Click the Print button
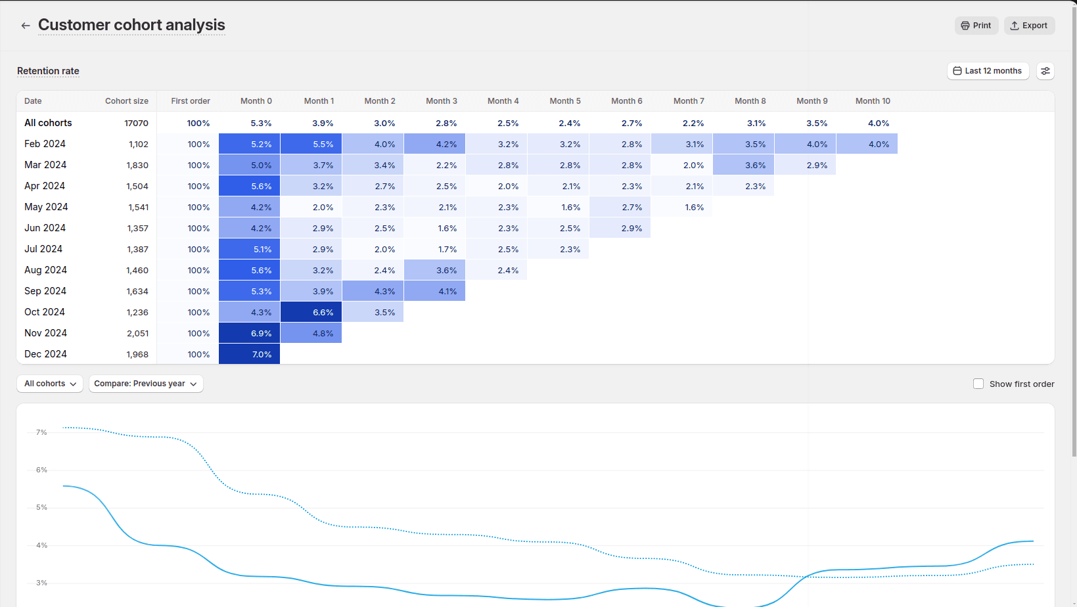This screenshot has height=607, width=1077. tap(976, 26)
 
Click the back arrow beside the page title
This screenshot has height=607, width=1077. tap(26, 26)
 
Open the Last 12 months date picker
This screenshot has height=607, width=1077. tap(988, 71)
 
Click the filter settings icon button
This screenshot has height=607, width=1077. tap(1045, 71)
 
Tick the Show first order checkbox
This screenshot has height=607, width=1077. tap(978, 384)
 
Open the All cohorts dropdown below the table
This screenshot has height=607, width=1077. tap(50, 384)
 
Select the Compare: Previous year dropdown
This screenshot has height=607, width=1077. tap(145, 384)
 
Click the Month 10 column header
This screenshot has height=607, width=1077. tap(873, 101)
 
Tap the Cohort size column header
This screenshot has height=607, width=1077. tap(126, 101)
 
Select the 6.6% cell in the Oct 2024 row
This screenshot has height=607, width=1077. tap(311, 312)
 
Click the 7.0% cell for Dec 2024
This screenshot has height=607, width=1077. tap(249, 354)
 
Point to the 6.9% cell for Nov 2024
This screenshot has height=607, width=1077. tap(249, 333)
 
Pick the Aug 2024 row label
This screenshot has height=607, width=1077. tap(45, 270)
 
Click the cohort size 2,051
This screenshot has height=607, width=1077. tap(137, 334)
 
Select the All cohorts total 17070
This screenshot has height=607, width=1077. tap(136, 124)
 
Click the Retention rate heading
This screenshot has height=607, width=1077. tap(48, 71)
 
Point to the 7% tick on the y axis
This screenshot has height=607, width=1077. tap(41, 432)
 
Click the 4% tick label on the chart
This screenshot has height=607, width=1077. tap(41, 545)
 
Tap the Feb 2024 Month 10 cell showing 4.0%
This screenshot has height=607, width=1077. tap(867, 144)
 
